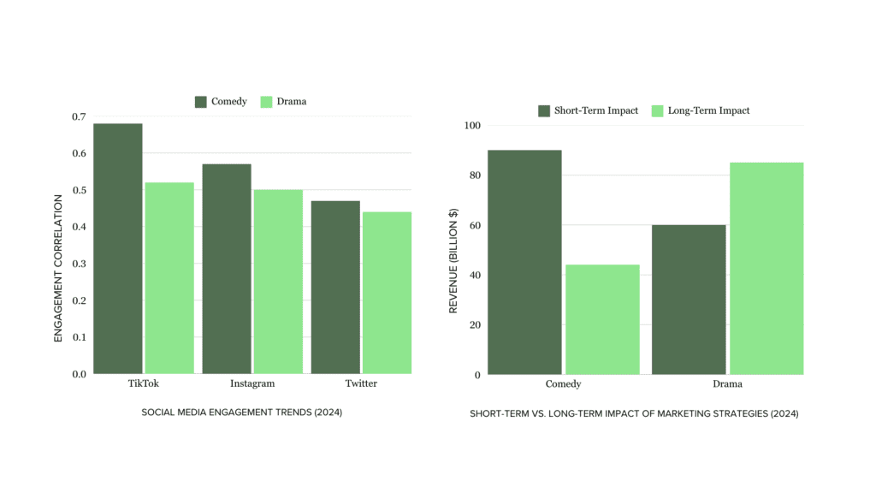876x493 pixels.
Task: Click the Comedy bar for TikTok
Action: [x=118, y=248]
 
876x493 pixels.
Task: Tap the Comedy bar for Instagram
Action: [x=227, y=269]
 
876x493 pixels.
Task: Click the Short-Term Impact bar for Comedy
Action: [x=524, y=262]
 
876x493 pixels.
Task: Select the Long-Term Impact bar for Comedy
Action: [x=602, y=319]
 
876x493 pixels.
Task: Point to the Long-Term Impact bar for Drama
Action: [x=766, y=268]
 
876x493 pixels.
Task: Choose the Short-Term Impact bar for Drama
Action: [x=689, y=300]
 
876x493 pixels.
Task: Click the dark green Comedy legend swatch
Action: [x=201, y=102]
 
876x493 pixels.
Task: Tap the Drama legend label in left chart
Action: [x=291, y=102]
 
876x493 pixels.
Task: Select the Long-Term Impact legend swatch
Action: [x=658, y=110]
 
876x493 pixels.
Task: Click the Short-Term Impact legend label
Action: [x=597, y=110]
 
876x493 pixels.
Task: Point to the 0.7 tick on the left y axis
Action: [x=79, y=116]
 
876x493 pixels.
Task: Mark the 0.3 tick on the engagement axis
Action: [x=79, y=264]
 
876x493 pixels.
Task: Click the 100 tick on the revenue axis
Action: [x=471, y=126]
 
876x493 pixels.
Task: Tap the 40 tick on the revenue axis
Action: [x=474, y=276]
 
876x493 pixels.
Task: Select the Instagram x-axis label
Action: [x=252, y=383]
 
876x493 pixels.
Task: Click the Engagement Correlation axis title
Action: [x=59, y=269]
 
